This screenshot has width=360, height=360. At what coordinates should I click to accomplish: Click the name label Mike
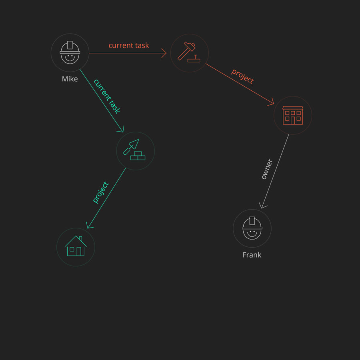pos(70,79)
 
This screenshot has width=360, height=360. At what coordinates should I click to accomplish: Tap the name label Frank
pos(252,255)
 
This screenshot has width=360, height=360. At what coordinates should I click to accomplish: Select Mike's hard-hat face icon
pos(70,53)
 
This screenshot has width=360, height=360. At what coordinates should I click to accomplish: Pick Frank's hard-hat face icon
pos(252,228)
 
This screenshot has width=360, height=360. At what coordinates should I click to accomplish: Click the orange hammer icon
pos(189,52)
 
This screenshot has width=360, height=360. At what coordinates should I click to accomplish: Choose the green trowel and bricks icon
pos(135,150)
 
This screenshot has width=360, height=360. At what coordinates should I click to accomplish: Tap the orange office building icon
pos(293,115)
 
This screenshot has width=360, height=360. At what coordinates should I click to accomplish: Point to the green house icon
pos(76,246)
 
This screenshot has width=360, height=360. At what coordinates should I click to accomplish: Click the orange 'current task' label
pos(128,46)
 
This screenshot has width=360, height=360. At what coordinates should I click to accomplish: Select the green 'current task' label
pos(107,96)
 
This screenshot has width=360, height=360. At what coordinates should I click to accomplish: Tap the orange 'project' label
pos(242,76)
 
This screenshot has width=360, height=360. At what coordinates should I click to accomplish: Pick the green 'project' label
pos(100,192)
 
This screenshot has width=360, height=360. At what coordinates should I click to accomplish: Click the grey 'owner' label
pos(266,169)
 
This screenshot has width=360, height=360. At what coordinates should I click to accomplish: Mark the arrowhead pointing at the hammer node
pos(164,53)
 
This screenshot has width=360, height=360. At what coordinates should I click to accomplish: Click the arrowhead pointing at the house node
pos(89,226)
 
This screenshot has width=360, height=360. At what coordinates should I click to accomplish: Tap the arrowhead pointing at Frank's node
pos(262,206)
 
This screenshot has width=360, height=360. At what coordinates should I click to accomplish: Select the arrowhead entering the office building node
pos(271,103)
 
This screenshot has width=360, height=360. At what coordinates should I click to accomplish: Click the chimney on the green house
pos(80,239)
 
